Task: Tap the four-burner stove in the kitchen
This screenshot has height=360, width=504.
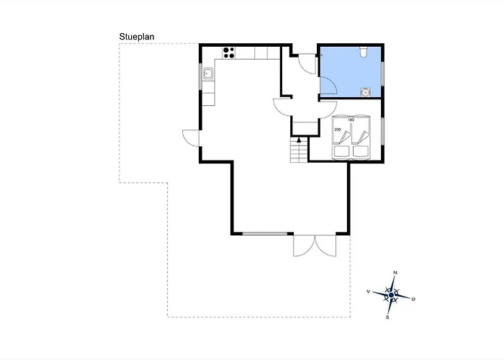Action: pos(230,51)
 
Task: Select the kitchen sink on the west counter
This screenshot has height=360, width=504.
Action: pos(208,73)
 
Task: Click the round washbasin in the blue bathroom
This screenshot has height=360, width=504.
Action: pos(365,91)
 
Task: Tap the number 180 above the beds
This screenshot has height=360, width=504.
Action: pos(351,120)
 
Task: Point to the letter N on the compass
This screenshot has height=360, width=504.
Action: pos(395,273)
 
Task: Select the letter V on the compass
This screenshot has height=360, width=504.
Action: pos(368,292)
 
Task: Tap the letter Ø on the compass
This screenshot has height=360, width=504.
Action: pos(414,298)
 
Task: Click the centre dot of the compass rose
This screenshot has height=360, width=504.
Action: pos(391,295)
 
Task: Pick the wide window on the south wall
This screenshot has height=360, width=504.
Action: pos(263,233)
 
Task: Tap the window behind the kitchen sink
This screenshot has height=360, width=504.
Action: pos(201,73)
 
